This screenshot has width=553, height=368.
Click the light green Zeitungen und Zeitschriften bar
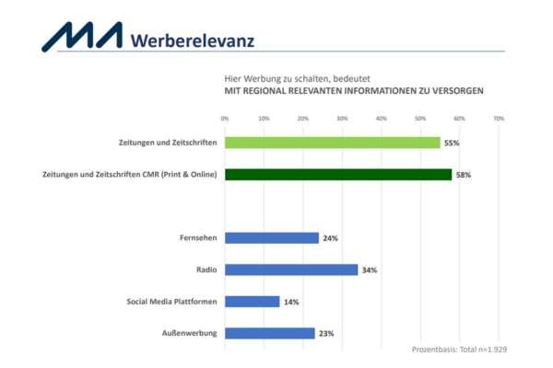(333, 143)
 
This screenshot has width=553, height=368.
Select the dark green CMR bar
(338, 174)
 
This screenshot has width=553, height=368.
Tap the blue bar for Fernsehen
(272, 237)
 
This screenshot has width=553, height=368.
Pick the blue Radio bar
(291, 270)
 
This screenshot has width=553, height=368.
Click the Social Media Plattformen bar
(252, 301)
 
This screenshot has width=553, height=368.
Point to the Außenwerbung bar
(270, 333)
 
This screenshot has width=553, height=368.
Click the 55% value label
(452, 143)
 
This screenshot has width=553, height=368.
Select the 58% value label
(464, 174)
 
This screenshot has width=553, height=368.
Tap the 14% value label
(291, 302)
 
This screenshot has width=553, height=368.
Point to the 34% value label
(370, 270)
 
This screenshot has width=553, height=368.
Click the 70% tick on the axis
(499, 119)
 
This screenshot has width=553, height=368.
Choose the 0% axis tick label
(225, 119)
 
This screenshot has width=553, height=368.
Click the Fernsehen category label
(197, 237)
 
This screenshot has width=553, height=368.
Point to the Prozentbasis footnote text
(458, 351)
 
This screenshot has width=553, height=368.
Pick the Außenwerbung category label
(192, 333)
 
